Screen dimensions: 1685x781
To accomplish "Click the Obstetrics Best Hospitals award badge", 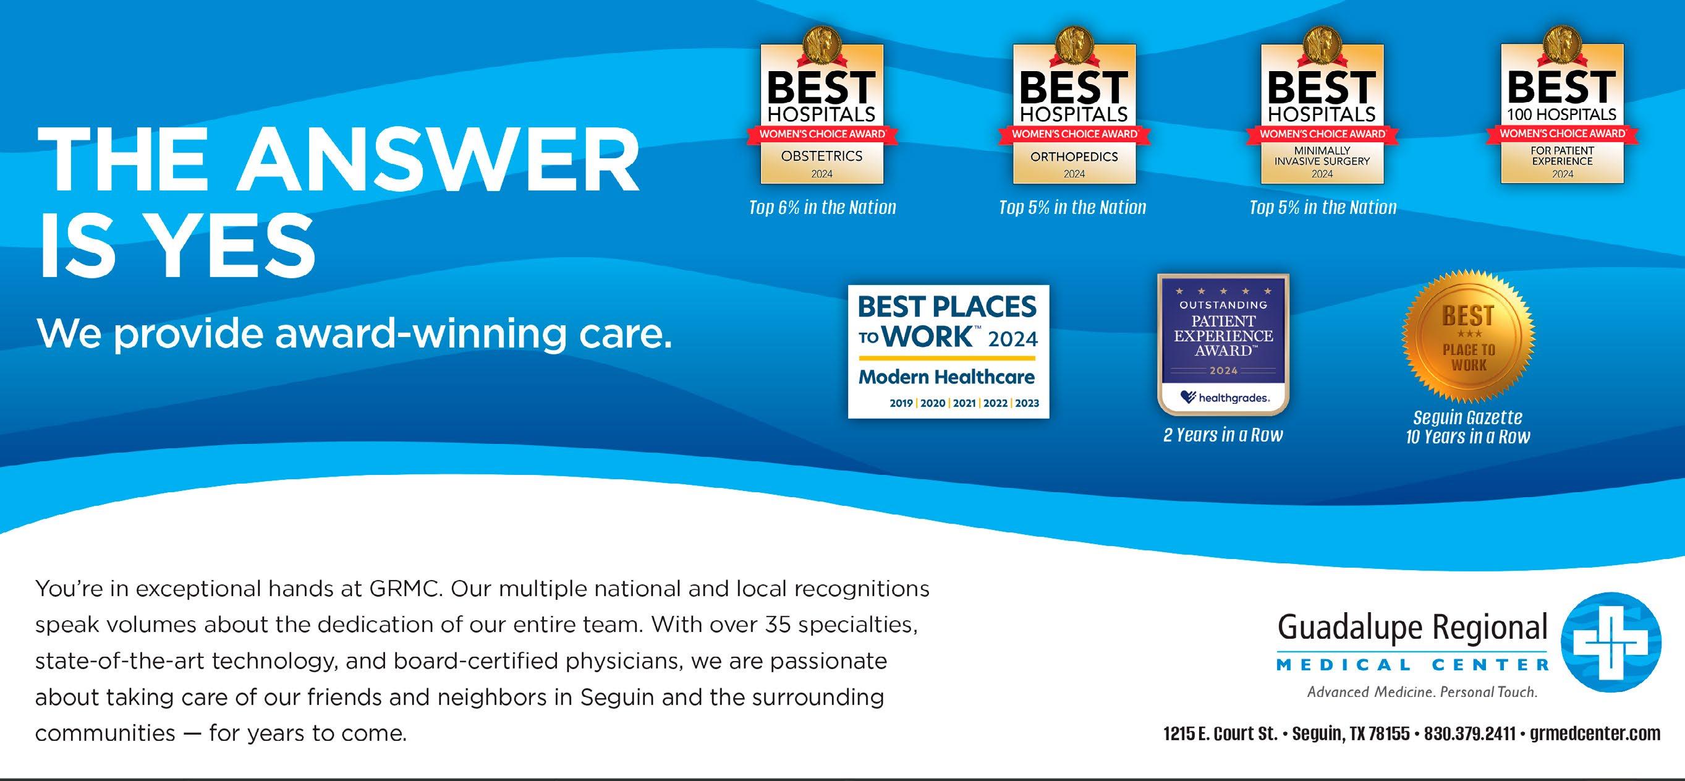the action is pos(822,108).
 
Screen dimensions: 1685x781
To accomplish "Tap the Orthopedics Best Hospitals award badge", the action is pos(1074,108).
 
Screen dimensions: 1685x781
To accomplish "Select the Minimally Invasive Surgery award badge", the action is pos(1322,108).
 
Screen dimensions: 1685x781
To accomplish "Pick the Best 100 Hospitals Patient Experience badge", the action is pos(1562,108).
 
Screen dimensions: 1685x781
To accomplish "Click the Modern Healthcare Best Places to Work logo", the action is pos(948,351).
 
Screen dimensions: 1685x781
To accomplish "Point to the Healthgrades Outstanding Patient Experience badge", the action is pos(1223,344).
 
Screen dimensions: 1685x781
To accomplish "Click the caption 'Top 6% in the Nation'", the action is pos(822,208).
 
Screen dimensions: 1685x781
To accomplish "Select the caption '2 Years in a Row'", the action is pos(1223,435).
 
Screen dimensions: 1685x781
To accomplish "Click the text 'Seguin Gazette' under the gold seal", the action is pos(1468,417).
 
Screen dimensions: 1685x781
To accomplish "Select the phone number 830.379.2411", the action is pos(1469,734).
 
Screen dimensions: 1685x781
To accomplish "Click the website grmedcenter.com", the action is pos(1595,735).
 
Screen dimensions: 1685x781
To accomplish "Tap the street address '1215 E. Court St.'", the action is pos(1220,734).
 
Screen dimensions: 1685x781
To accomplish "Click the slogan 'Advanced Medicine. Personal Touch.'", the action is pos(1422,692).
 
